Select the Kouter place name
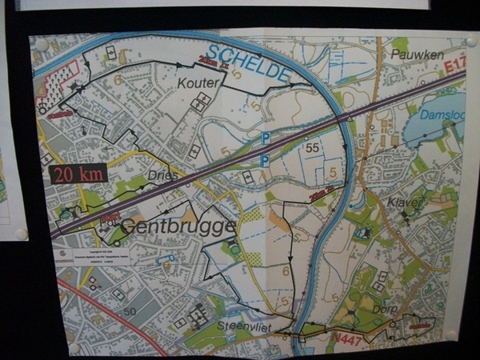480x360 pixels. tap(200, 82)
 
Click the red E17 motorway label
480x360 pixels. tap(454, 66)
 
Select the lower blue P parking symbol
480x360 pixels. tap(264, 161)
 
